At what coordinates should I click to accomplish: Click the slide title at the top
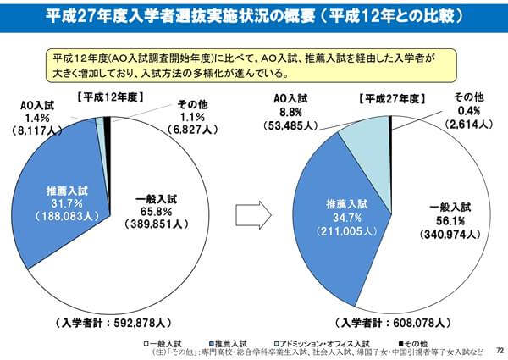click(254, 16)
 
